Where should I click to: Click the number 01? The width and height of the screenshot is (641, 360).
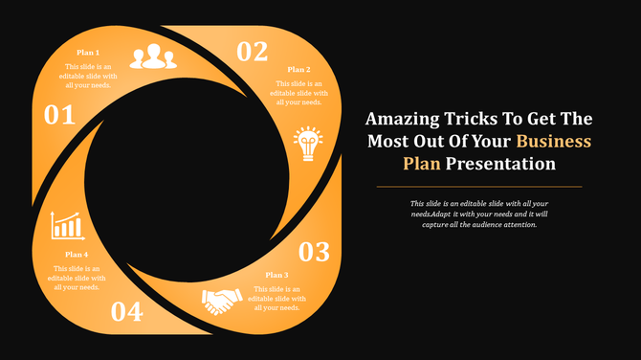click(59, 116)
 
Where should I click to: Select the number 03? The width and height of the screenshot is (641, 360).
click(315, 252)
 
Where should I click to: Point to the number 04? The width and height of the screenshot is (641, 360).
click(126, 311)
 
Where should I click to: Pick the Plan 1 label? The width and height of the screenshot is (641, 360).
click(88, 52)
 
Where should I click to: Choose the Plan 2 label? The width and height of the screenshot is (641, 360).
click(298, 69)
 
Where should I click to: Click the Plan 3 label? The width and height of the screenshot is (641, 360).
click(277, 275)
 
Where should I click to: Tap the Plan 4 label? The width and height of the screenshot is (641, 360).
click(77, 254)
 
